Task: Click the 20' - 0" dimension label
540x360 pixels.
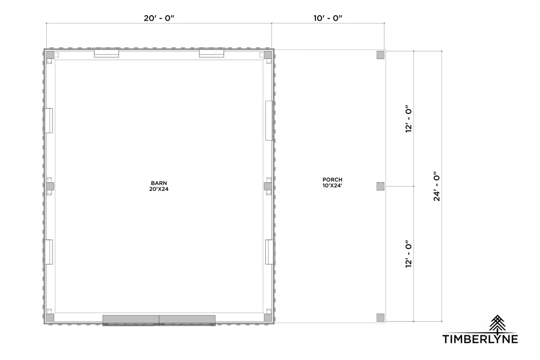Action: (x=159, y=18)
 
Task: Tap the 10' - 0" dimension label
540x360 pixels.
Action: (x=328, y=18)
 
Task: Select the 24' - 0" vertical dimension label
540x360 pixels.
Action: (x=436, y=186)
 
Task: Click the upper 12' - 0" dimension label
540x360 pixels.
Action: (x=409, y=119)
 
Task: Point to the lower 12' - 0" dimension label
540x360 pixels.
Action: (x=409, y=254)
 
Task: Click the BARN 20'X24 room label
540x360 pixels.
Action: (x=159, y=186)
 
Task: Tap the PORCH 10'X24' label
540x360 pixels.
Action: (x=333, y=183)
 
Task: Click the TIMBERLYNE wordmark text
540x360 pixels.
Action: (x=480, y=339)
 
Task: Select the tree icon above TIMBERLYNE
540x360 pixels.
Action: (x=497, y=323)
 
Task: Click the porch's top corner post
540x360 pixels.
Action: (x=380, y=55)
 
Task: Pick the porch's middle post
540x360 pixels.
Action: (x=380, y=186)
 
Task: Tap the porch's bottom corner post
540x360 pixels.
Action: (x=380, y=318)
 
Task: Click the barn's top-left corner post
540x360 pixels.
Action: (x=50, y=55)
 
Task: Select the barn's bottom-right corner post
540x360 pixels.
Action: (x=268, y=318)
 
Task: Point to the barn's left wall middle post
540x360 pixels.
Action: (x=50, y=186)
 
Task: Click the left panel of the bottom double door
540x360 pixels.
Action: (x=131, y=320)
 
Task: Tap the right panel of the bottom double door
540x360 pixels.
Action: (x=187, y=320)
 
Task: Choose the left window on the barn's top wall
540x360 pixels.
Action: (x=106, y=54)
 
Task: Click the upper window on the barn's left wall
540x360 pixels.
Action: (x=49, y=121)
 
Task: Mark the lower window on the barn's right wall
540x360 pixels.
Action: (x=269, y=252)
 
